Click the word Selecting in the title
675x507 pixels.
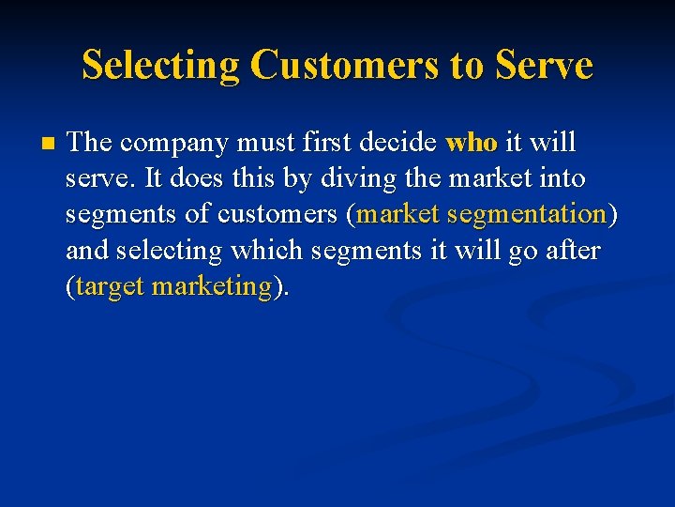click(159, 66)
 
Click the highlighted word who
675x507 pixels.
click(472, 143)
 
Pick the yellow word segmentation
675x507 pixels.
click(527, 215)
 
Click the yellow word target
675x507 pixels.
click(110, 286)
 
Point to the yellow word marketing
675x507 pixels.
click(212, 286)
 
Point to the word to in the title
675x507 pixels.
click(462, 66)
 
